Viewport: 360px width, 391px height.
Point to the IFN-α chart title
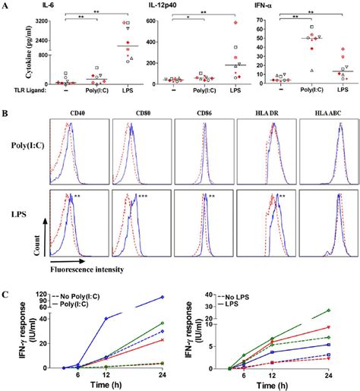pos(283,6)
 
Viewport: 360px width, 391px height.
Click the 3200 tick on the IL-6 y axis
pos(34,22)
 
